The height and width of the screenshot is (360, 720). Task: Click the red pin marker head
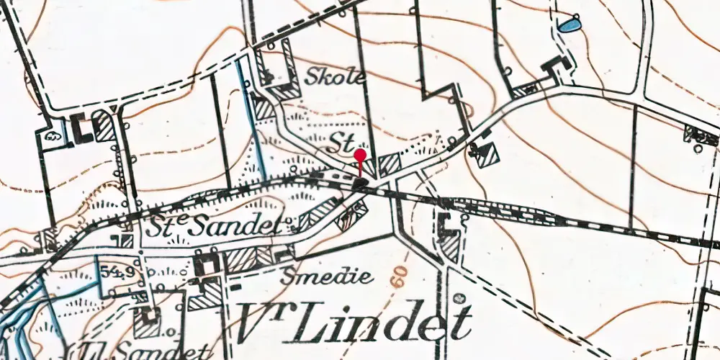[x=361, y=154]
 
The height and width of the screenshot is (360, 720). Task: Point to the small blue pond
[x=569, y=26]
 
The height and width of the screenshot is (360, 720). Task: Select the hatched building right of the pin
[x=390, y=164]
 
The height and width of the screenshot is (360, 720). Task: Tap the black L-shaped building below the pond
[x=556, y=67]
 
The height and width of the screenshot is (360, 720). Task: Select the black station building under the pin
[x=361, y=185]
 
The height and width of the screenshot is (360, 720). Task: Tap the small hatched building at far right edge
[x=701, y=133]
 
